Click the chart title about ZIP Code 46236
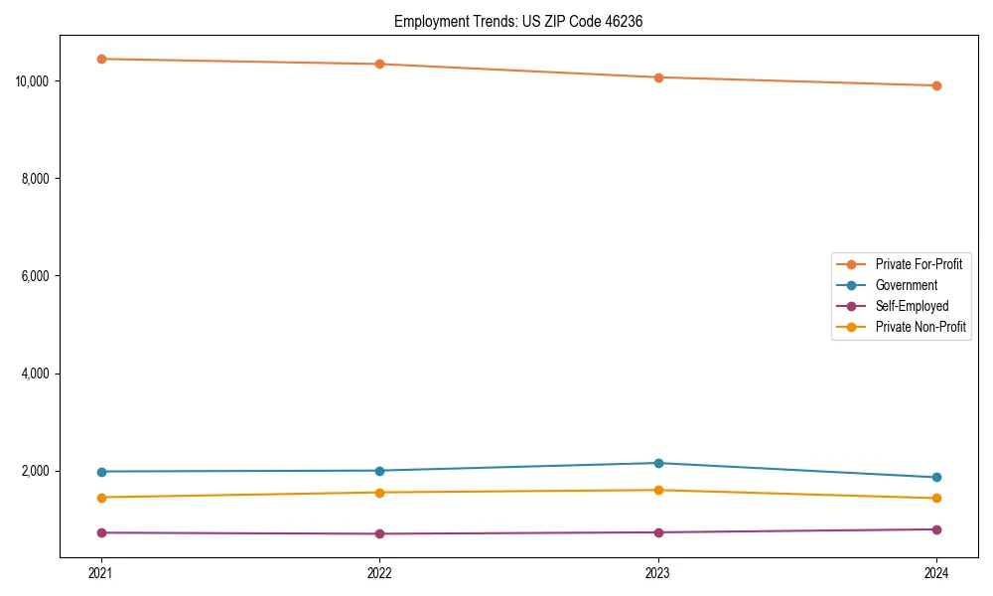[x=518, y=21]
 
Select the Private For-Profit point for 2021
[x=101, y=59]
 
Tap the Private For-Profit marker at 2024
[x=936, y=85]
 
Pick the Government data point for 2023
[x=658, y=463]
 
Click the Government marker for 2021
[x=101, y=472]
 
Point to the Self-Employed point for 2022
[x=379, y=534]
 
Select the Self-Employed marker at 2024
[x=936, y=529]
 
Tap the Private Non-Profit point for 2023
[x=658, y=490]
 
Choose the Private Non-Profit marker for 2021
[x=101, y=498]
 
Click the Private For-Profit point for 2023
[x=658, y=77]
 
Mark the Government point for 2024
[x=936, y=478]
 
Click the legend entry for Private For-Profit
[x=919, y=264]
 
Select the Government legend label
[x=906, y=285]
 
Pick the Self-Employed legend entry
[x=912, y=306]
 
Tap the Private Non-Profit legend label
[x=921, y=327]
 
